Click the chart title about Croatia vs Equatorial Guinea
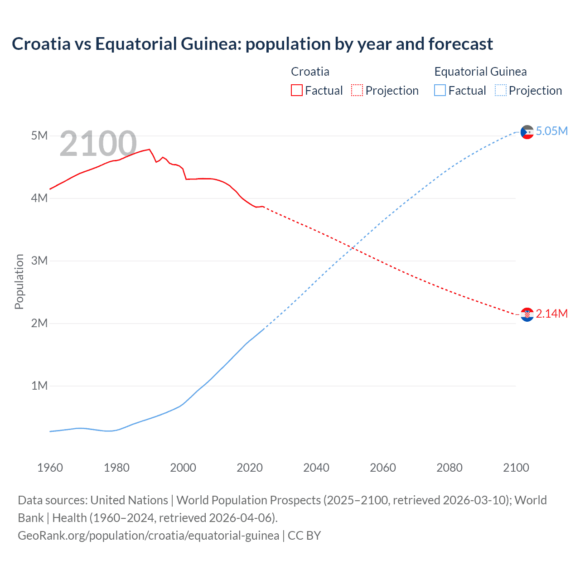click(x=252, y=44)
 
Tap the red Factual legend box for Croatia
click(x=296, y=90)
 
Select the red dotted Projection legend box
click(x=357, y=90)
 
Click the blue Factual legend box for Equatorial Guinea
click(x=440, y=90)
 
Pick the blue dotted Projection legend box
click(x=500, y=90)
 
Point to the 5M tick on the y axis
click(x=39, y=135)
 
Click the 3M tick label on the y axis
click(x=39, y=261)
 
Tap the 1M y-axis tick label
click(x=39, y=386)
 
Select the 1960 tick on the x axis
click(x=50, y=468)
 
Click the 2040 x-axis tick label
click(x=316, y=468)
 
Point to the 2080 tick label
click(x=449, y=468)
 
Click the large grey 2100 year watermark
click(x=98, y=144)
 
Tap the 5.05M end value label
click(x=551, y=131)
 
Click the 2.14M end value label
click(x=551, y=314)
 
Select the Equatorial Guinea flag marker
click(x=527, y=132)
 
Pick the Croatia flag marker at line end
click(x=527, y=314)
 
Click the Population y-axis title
click(x=19, y=281)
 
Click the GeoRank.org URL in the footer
click(x=148, y=536)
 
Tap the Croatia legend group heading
click(x=310, y=72)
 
